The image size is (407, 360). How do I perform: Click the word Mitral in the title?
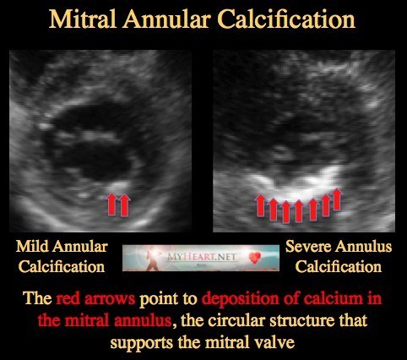click(83, 19)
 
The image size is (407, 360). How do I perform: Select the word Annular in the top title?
click(166, 19)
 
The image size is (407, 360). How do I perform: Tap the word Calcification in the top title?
click(286, 19)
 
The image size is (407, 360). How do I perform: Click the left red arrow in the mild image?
click(111, 205)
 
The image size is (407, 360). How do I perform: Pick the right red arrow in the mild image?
click(124, 205)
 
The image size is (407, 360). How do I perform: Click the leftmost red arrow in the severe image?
click(260, 205)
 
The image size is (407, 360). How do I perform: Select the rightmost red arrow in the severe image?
click(337, 199)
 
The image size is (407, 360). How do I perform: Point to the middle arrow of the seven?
click(299, 211)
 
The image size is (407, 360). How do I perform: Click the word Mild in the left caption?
click(32, 247)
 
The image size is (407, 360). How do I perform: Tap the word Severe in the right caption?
click(308, 247)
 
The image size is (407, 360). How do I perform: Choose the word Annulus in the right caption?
click(363, 247)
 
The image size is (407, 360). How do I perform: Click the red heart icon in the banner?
click(255, 257)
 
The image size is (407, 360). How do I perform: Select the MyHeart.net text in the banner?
click(202, 257)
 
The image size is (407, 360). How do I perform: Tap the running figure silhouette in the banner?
click(153, 259)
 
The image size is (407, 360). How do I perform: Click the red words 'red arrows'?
click(95, 299)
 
